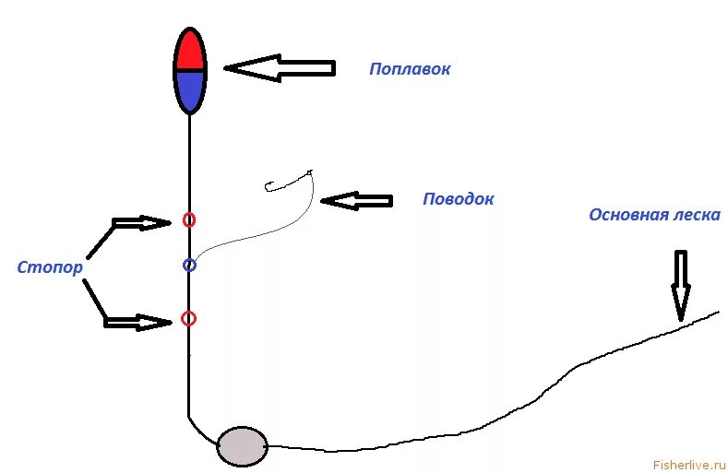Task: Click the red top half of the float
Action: (189, 51)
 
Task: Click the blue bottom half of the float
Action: (189, 89)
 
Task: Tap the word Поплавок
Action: (410, 69)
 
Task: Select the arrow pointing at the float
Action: (279, 67)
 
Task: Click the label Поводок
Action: (458, 199)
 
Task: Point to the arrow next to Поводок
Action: (357, 200)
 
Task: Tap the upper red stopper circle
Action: (188, 219)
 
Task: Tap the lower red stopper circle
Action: (188, 318)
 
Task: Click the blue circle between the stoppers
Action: (189, 266)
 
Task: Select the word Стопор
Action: (50, 267)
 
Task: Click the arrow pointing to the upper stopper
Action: (138, 222)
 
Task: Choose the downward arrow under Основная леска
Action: (680, 284)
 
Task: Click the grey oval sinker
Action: (242, 446)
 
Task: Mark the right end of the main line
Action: (716, 313)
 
